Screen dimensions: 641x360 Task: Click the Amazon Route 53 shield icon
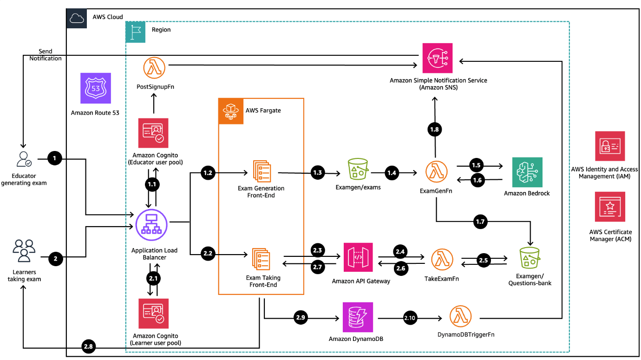tap(96, 88)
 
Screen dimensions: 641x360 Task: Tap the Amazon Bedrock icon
tap(527, 172)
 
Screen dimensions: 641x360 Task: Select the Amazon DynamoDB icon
tap(358, 317)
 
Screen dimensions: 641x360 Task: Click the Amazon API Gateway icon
tap(358, 257)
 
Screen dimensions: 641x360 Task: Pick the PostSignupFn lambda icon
tap(154, 68)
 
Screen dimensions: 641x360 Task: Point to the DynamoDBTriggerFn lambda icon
tap(460, 316)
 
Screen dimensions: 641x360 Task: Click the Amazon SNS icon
tap(438, 58)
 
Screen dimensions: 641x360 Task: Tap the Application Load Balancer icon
tap(151, 225)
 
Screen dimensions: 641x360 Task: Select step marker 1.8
tap(434, 130)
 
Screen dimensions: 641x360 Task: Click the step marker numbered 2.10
tap(410, 318)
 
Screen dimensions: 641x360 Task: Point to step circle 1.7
tap(480, 222)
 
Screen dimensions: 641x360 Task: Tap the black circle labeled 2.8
tap(88, 347)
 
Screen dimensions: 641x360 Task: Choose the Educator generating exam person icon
tap(24, 159)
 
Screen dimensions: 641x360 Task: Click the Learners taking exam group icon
tap(24, 251)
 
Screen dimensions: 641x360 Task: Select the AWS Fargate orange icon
tap(231, 111)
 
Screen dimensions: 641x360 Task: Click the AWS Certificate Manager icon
tap(610, 207)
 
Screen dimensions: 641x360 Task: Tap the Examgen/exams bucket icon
tap(358, 169)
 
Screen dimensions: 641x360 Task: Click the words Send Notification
tap(46, 55)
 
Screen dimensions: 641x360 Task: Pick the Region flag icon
tap(136, 32)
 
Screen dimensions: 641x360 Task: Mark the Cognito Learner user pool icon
tap(154, 314)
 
